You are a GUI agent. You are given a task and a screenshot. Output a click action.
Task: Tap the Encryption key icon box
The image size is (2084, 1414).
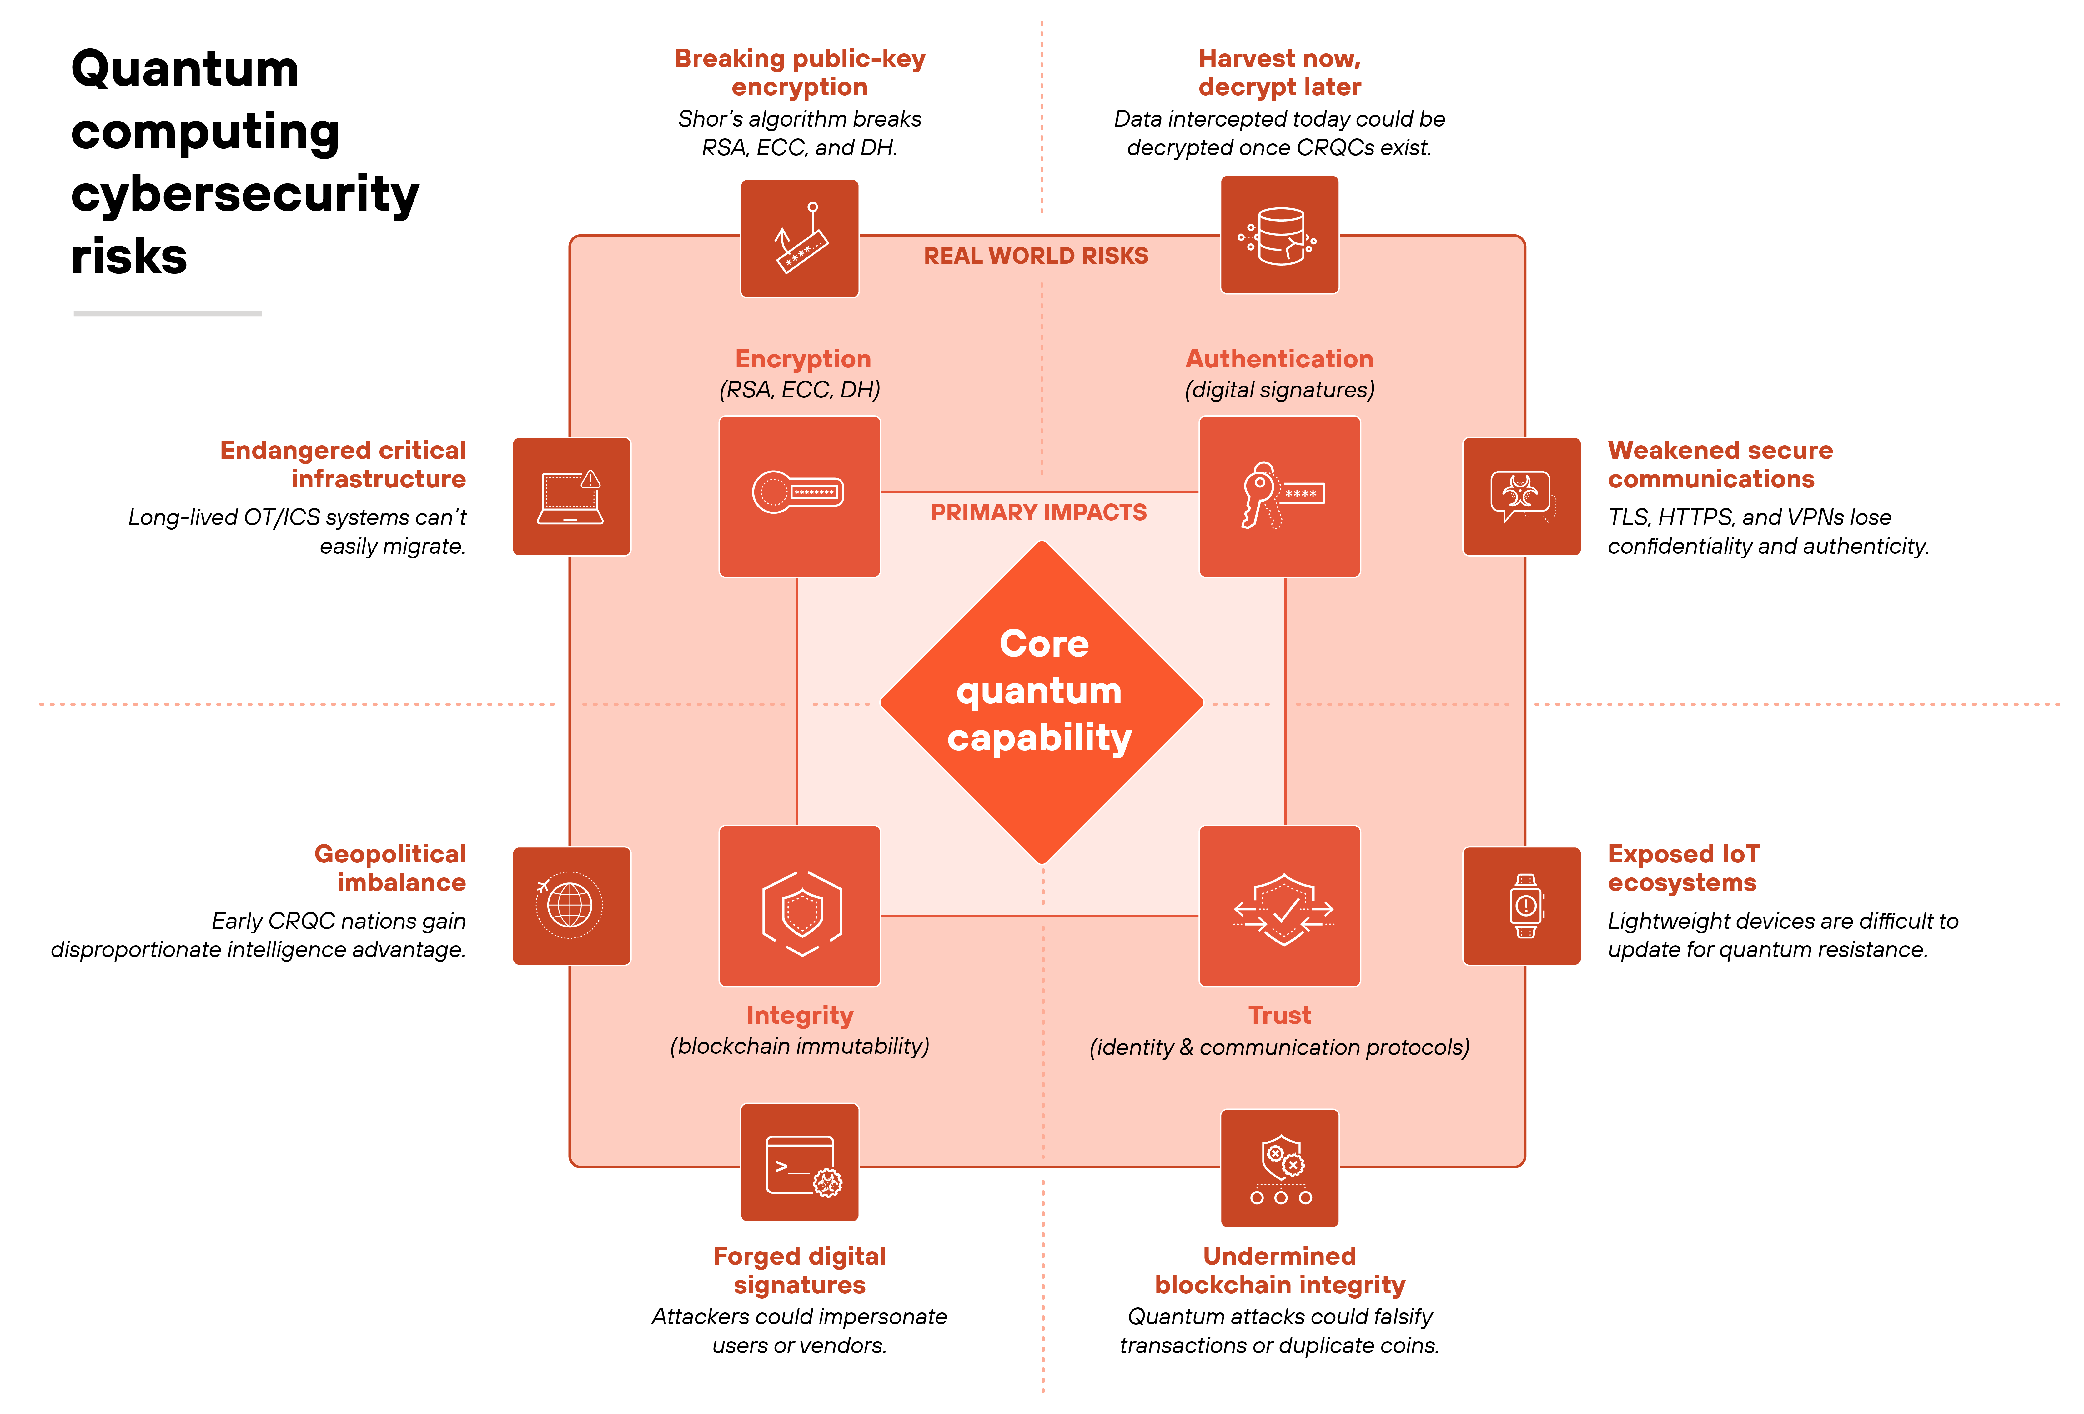[799, 496]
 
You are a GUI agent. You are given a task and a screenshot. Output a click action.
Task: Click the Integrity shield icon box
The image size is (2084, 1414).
[799, 906]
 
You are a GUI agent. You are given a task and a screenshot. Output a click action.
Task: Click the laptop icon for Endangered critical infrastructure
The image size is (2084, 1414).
[571, 496]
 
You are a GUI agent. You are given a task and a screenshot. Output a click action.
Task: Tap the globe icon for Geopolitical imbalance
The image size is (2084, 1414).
[571, 906]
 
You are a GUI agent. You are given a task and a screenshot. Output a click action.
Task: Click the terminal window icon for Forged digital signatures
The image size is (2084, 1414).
[799, 1162]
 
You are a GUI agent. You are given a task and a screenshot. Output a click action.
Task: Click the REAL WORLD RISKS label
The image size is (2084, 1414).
[1036, 257]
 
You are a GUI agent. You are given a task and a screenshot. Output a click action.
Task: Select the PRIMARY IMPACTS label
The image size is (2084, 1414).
[1038, 512]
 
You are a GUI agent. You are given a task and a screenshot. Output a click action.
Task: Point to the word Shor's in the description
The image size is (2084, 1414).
[708, 119]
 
